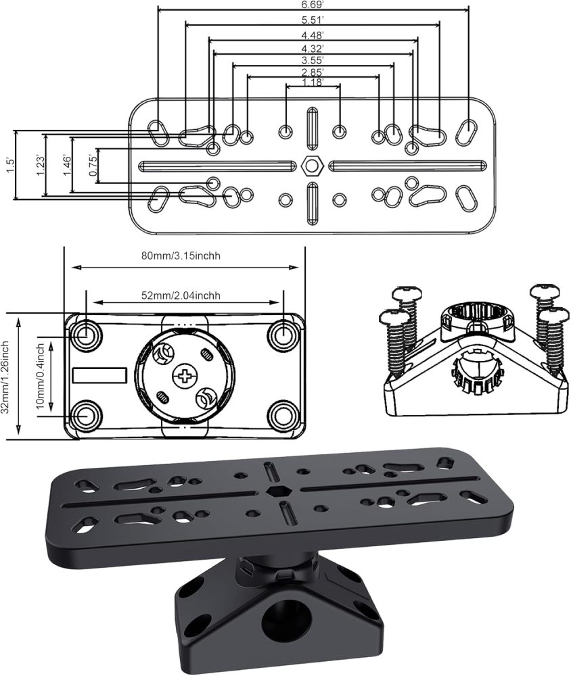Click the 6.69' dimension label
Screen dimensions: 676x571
tap(312, 4)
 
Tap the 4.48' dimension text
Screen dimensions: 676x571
tap(312, 34)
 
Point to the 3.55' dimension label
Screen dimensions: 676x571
tap(312, 60)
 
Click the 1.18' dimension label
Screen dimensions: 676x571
tap(312, 82)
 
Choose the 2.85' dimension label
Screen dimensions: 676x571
tap(312, 72)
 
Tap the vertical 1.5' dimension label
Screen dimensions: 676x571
tap(9, 165)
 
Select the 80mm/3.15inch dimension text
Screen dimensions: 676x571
tap(184, 256)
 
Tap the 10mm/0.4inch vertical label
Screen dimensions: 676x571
tap(41, 376)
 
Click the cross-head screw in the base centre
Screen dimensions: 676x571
tap(183, 375)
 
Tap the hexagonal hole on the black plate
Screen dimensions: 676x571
tap(275, 490)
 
